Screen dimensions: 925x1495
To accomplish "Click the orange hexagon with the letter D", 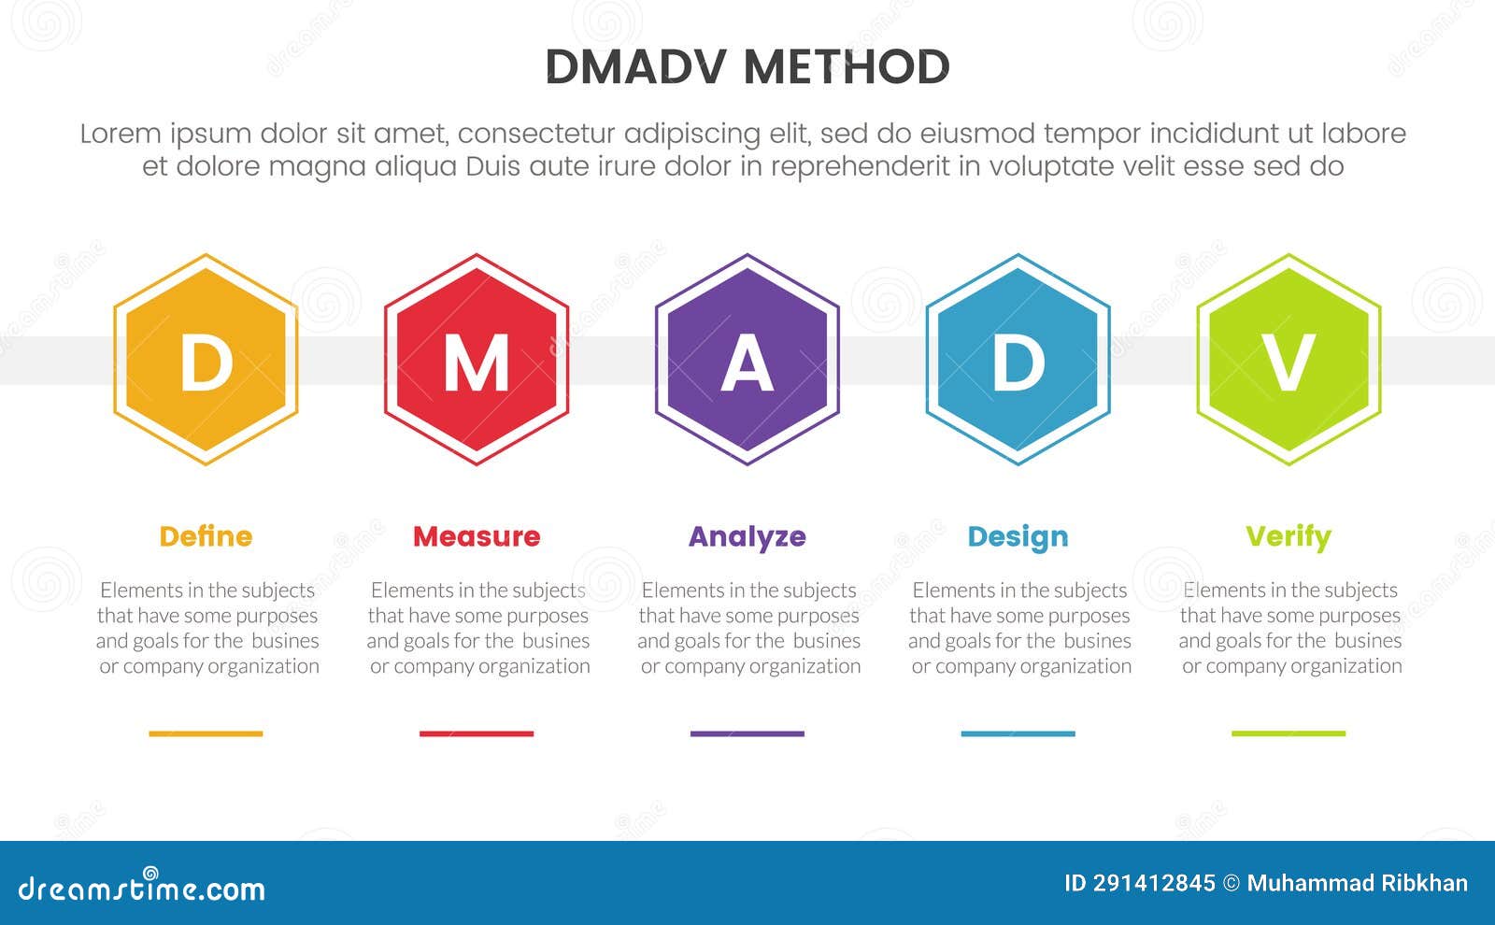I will (x=206, y=361).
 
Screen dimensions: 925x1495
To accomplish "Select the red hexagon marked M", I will (x=477, y=361).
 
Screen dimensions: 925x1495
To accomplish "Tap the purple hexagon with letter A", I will (x=747, y=361).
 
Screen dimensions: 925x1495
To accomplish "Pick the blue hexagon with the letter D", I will (x=1018, y=361).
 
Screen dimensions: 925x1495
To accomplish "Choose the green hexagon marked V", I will (x=1289, y=361).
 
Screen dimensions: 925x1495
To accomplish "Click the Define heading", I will (x=206, y=536).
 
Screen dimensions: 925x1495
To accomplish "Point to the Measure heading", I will (x=477, y=536).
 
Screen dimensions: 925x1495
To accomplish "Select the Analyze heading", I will (x=747, y=536).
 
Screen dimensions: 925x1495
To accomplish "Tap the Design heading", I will (x=1018, y=536).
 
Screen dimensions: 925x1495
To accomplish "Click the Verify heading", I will (x=1289, y=536).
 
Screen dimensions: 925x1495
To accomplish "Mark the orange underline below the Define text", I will (x=206, y=733).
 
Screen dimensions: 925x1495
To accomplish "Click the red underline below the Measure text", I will (x=477, y=733).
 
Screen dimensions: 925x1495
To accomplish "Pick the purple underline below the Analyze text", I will (x=747, y=733).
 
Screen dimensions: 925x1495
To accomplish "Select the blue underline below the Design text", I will (x=1018, y=733).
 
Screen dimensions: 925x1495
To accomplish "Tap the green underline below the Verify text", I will (x=1289, y=733).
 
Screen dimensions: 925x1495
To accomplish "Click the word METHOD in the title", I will (x=847, y=67).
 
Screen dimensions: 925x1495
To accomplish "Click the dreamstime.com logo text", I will (x=142, y=888).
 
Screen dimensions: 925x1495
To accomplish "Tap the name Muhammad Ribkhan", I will (x=1357, y=883).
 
